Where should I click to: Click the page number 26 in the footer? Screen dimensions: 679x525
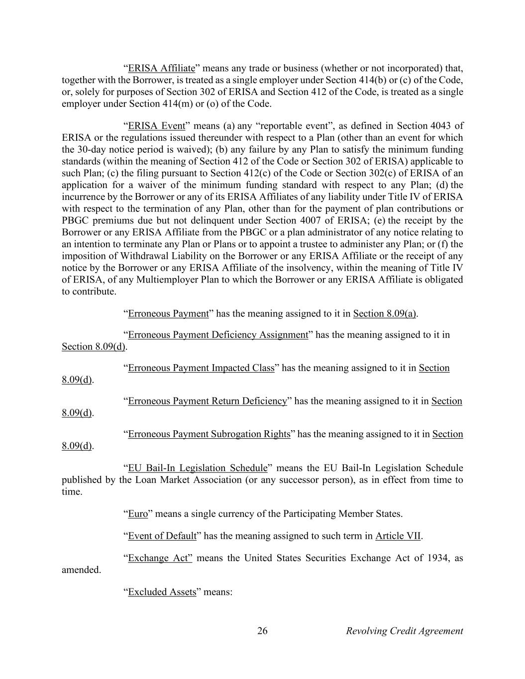262,631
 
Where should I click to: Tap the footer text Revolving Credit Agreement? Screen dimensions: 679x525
404,631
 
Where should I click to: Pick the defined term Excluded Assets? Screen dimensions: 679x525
162,592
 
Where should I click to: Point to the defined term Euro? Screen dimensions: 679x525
138,513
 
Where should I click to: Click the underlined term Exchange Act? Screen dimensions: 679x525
160,558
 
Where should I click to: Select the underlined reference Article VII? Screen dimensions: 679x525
398,536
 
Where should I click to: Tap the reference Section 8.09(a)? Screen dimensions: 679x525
385,313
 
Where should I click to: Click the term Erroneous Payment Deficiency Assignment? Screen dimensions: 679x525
218,335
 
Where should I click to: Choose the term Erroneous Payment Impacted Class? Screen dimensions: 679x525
201,368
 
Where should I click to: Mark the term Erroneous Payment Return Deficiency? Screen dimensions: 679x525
208,401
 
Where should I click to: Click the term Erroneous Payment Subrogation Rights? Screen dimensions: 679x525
209,434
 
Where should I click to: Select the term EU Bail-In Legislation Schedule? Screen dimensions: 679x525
198,468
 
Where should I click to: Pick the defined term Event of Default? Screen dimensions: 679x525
162,536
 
